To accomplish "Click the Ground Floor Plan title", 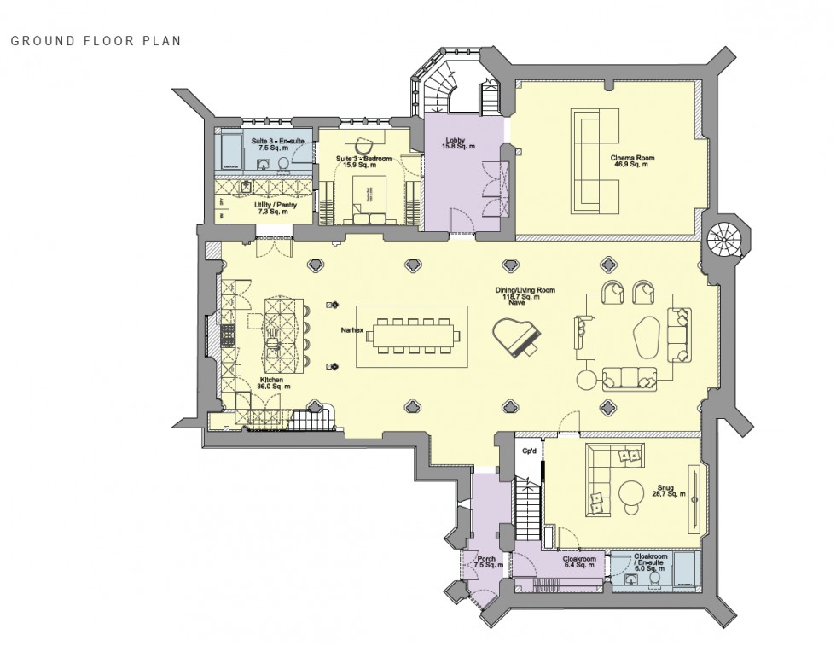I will pyautogui.click(x=96, y=40).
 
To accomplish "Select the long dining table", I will pyautogui.click(x=411, y=335).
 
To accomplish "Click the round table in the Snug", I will pyautogui.click(x=633, y=494).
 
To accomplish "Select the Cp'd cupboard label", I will pyautogui.click(x=528, y=451).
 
